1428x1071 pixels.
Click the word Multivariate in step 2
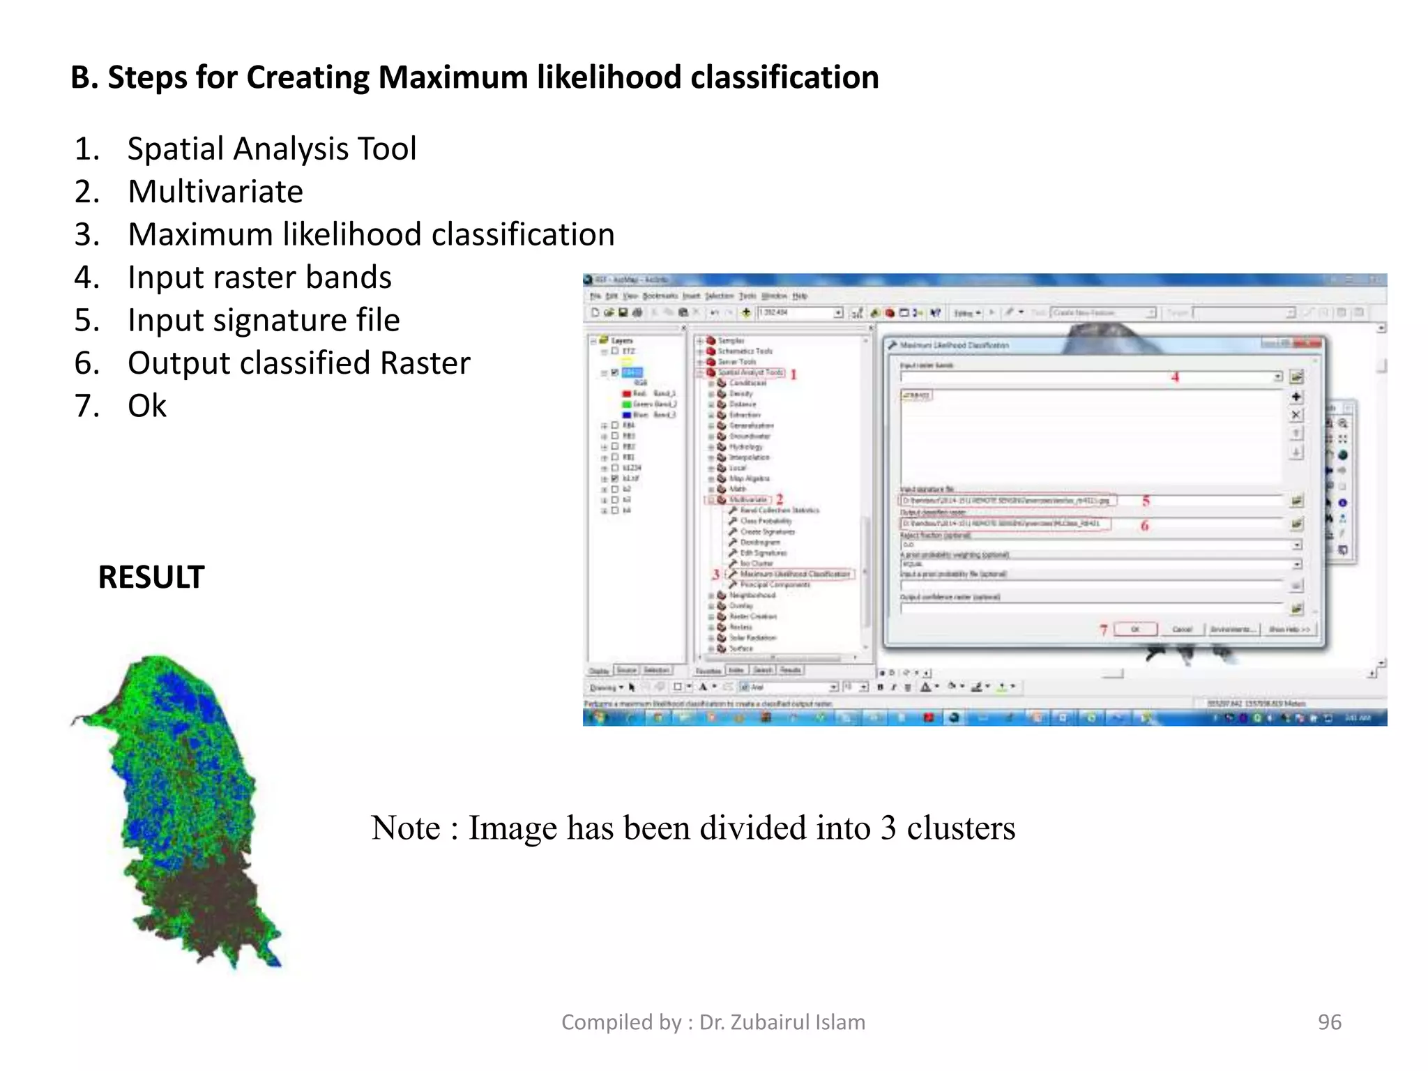pyautogui.click(x=215, y=192)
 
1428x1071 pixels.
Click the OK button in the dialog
pyautogui.click(x=1135, y=629)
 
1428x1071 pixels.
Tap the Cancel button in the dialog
pyautogui.click(x=1182, y=629)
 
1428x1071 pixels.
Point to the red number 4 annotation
pyautogui.click(x=1175, y=377)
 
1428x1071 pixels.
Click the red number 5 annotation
pyautogui.click(x=1146, y=501)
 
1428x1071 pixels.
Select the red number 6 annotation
pyautogui.click(x=1144, y=525)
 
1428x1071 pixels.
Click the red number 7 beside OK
pyautogui.click(x=1104, y=630)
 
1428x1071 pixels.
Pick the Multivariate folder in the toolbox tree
pyautogui.click(x=747, y=499)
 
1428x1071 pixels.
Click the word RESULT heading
pyautogui.click(x=151, y=577)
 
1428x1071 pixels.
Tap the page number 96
pyautogui.click(x=1329, y=1021)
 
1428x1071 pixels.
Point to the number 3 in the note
pyautogui.click(x=888, y=828)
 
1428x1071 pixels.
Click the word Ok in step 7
pyautogui.click(x=147, y=406)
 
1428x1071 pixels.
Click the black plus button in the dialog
pyautogui.click(x=1296, y=397)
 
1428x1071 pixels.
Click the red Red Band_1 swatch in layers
pyautogui.click(x=626, y=394)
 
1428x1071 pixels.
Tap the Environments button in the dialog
pyautogui.click(x=1233, y=629)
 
